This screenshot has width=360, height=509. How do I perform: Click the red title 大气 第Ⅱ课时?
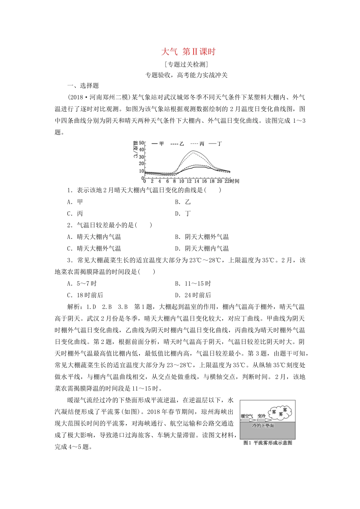pyautogui.click(x=188, y=52)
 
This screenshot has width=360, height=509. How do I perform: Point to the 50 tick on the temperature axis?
pyautogui.click(x=142, y=143)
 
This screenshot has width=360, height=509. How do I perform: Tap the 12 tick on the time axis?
pyautogui.click(x=189, y=181)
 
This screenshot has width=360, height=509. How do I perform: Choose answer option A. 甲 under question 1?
pyautogui.click(x=75, y=202)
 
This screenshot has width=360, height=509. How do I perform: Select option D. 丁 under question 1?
pyautogui.click(x=183, y=214)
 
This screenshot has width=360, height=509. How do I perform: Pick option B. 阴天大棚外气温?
pyautogui.click(x=202, y=237)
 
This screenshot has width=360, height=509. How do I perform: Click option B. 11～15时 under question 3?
pyautogui.click(x=193, y=284)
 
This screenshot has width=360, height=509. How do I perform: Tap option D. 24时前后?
pyautogui.click(x=193, y=295)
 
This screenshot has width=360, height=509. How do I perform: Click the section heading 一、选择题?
pyautogui.click(x=83, y=86)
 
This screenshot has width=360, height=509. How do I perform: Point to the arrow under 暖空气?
pyautogui.click(x=249, y=420)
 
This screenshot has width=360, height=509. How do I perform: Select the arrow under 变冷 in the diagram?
pyautogui.click(x=264, y=420)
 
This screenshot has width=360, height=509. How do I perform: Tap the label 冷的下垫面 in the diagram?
pyautogui.click(x=263, y=426)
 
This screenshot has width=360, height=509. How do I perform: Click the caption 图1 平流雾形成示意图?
pyautogui.click(x=268, y=443)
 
